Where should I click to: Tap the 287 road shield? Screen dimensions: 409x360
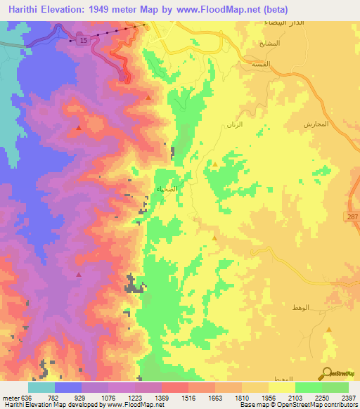(352, 217)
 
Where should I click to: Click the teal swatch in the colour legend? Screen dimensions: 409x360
(41, 387)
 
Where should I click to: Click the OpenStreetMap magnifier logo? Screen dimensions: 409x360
(328, 373)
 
